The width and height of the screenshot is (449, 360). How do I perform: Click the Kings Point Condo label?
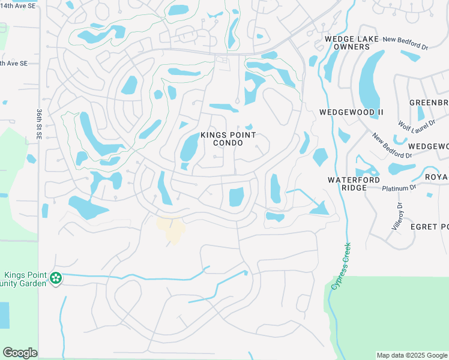click(x=224, y=139)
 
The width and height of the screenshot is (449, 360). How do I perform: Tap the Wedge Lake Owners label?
click(x=347, y=43)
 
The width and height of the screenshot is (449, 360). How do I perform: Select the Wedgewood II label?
click(x=351, y=112)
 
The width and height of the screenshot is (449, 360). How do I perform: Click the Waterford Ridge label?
click(x=355, y=184)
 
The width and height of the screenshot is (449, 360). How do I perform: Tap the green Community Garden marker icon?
click(x=56, y=278)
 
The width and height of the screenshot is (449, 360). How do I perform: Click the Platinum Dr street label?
click(x=399, y=188)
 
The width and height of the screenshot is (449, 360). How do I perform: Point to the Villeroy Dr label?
click(x=398, y=218)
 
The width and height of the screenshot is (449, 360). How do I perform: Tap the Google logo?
click(x=20, y=353)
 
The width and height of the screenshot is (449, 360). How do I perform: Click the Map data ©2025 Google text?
click(x=411, y=355)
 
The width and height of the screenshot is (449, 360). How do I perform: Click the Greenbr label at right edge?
click(x=429, y=103)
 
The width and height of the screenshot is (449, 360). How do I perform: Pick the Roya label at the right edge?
click(x=436, y=177)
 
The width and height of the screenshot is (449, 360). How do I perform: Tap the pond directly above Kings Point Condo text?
click(x=223, y=107)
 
